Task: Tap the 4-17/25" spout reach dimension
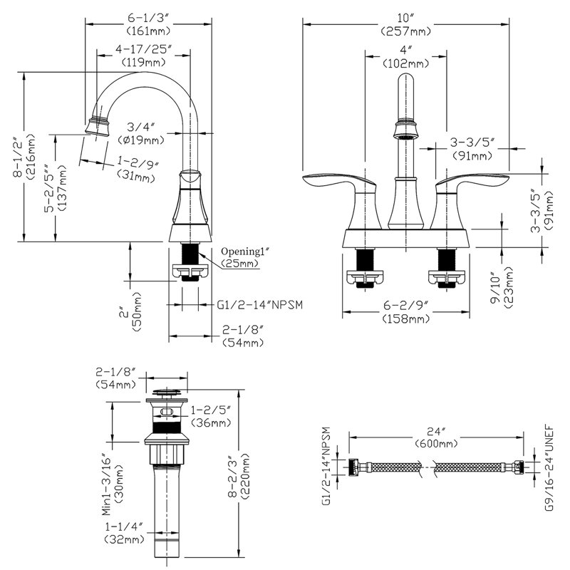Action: tap(144, 49)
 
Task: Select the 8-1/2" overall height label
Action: tap(19, 157)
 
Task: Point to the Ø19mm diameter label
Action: tap(141, 140)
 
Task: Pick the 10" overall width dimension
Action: tap(405, 18)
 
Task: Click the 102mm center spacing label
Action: tap(405, 63)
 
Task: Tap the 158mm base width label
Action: tap(406, 319)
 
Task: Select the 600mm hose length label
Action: tap(436, 443)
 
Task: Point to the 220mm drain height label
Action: tap(244, 475)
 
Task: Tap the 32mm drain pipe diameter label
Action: tap(125, 539)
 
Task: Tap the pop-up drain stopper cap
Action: tap(166, 392)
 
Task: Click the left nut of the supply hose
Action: tap(353, 467)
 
